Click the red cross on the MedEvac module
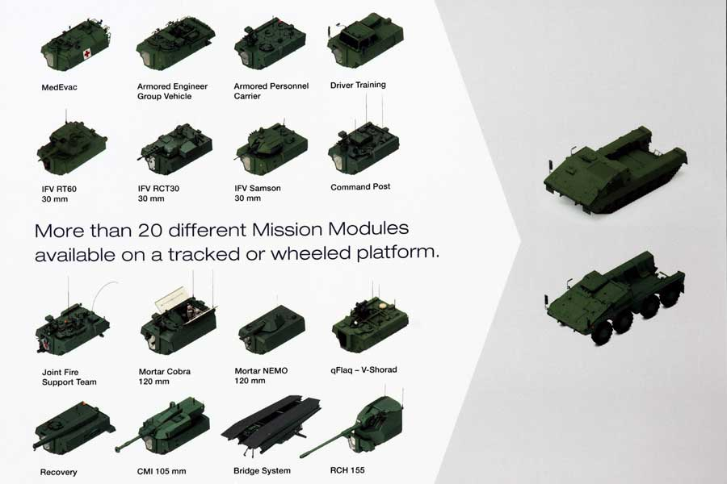(x=86, y=55)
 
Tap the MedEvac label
(x=59, y=87)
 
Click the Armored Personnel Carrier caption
(x=271, y=91)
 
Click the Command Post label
(x=360, y=186)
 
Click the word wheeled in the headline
(x=309, y=252)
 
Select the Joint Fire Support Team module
(x=73, y=327)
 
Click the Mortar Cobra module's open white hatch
(x=170, y=298)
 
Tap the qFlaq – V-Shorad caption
(x=363, y=369)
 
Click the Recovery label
(x=58, y=472)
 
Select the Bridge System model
(x=271, y=423)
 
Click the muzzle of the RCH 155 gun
(x=302, y=456)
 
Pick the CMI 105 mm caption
(x=162, y=471)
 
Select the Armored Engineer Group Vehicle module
(x=175, y=44)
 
